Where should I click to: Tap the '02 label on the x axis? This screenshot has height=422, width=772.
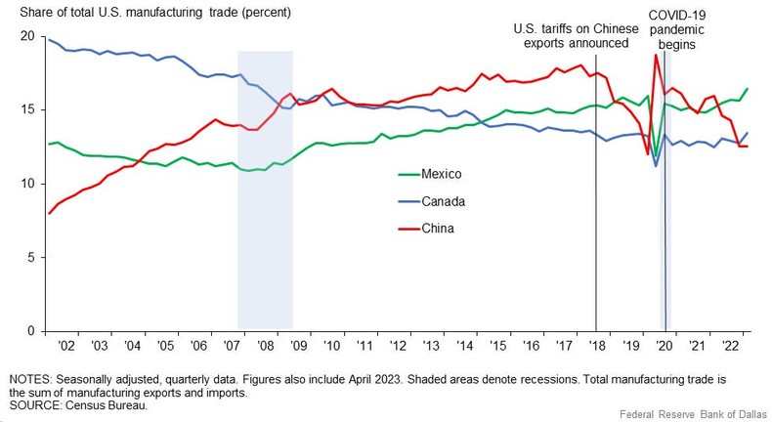tap(65, 346)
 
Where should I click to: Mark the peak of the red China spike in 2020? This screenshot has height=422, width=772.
tap(656, 55)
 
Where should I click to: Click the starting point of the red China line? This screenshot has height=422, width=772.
tap(49, 213)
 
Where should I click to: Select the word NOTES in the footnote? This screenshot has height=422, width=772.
tap(30, 377)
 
